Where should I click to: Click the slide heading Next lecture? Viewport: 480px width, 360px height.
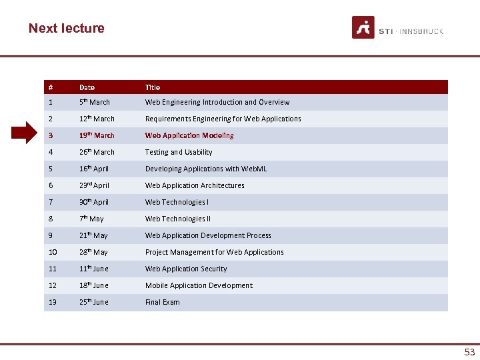tap(67, 28)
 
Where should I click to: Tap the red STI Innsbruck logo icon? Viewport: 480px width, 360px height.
tap(363, 27)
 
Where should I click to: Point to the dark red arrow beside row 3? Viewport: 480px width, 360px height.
tap(27, 133)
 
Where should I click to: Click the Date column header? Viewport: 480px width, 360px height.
tap(87, 87)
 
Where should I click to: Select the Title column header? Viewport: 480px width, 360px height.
tap(153, 87)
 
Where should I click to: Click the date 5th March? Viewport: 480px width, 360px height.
tap(94, 102)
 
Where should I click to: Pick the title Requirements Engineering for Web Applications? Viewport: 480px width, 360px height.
tap(223, 119)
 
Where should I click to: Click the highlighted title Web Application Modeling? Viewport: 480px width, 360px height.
tap(189, 135)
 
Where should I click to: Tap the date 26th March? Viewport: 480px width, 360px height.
tap(97, 152)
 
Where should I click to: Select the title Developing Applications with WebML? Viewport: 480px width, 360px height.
tap(205, 169)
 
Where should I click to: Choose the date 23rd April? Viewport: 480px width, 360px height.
tap(94, 185)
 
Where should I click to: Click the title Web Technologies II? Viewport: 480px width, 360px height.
tap(177, 219)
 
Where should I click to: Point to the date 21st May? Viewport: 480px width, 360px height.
tap(93, 235)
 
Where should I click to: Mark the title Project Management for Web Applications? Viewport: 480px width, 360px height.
tap(214, 252)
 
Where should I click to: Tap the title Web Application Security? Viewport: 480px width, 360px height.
tap(186, 269)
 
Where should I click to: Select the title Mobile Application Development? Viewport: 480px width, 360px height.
tap(199, 285)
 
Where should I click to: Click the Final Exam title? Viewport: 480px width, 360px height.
tap(162, 302)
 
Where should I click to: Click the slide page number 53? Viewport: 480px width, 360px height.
tap(469, 351)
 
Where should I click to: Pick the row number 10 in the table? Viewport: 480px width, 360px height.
tap(52, 252)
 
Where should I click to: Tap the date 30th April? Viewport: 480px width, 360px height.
tap(94, 202)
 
